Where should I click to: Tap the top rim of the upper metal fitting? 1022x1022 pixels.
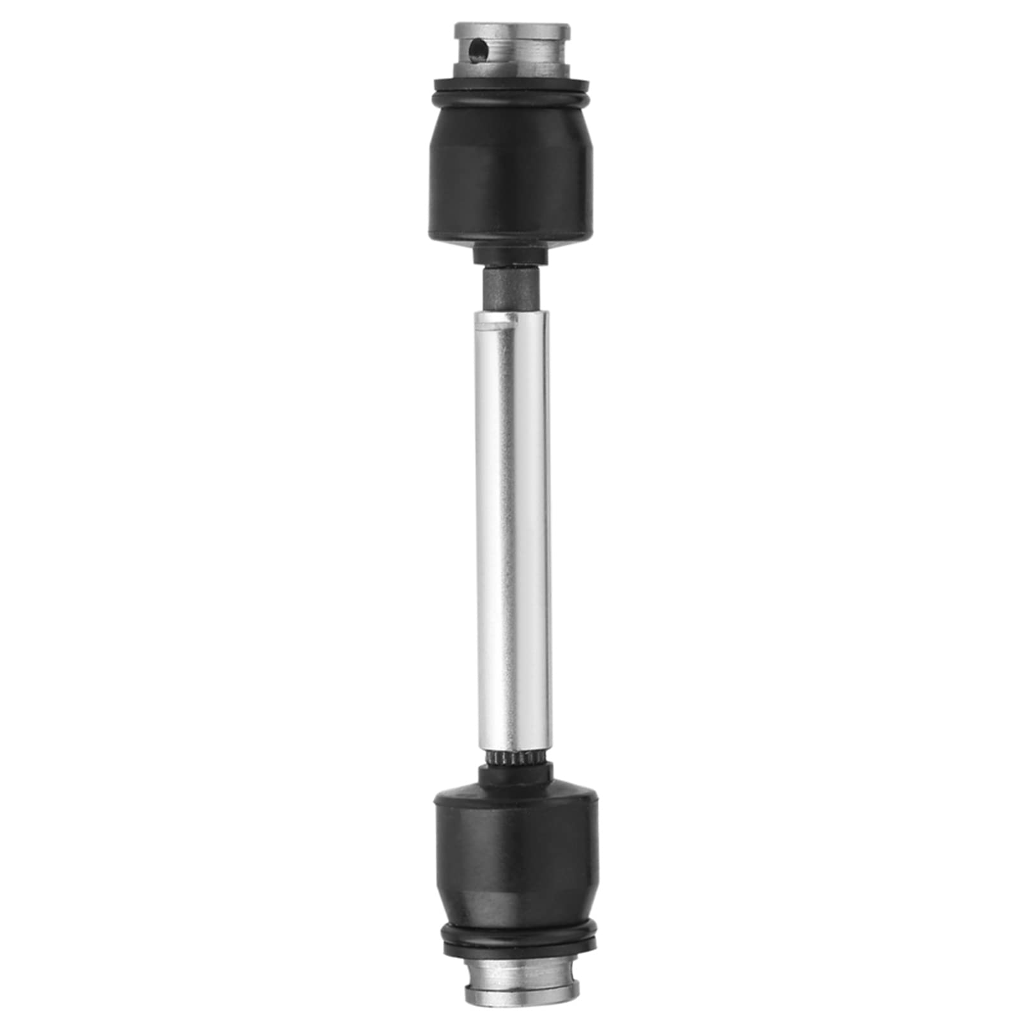tap(511, 29)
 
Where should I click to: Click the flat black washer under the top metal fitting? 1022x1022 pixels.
tap(511, 84)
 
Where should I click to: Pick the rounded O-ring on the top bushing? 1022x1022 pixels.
tap(511, 98)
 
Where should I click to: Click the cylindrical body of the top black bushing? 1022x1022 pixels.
tap(511, 198)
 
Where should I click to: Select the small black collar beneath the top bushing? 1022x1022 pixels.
tap(511, 256)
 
